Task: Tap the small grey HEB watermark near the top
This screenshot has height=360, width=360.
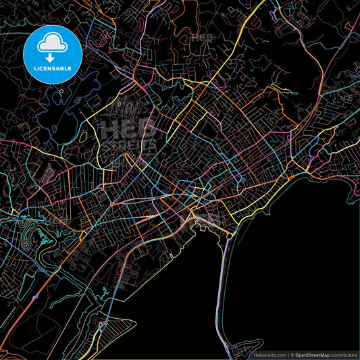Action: [201, 38]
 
